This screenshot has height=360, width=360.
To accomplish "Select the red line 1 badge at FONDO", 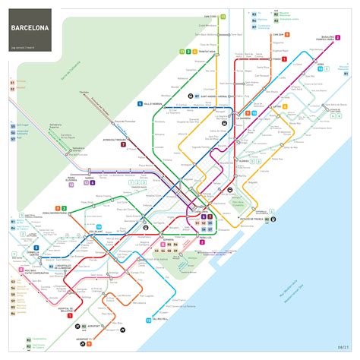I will coord(284,58).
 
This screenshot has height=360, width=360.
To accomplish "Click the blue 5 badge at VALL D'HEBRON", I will coord(140,103).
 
